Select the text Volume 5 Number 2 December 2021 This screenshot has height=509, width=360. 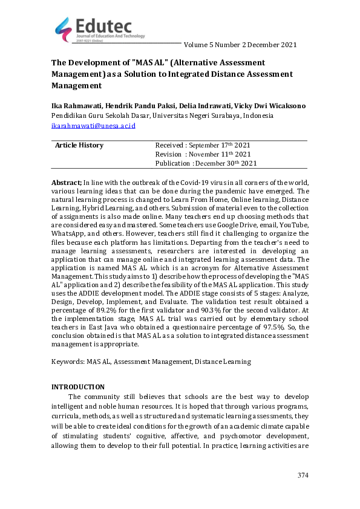(240, 45)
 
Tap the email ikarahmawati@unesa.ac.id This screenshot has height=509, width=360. (93, 126)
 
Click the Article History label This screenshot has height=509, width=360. (79, 145)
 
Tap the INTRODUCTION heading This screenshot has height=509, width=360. (78, 387)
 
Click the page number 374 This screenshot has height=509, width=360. (303, 476)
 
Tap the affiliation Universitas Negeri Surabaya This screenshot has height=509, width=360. (206, 115)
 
